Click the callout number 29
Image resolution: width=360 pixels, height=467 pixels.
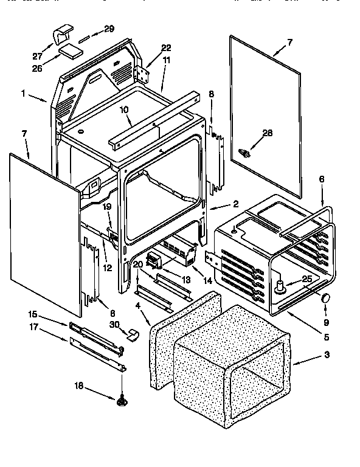point(109,29)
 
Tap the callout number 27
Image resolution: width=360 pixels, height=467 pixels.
point(38,57)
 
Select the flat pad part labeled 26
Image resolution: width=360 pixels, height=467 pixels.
point(71,51)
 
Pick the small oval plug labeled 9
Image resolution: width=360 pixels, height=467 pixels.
point(326,297)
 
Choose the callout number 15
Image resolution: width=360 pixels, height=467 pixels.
point(33,314)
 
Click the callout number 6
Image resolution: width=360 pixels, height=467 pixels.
point(322,179)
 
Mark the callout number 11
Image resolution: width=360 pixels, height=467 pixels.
point(166,60)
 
